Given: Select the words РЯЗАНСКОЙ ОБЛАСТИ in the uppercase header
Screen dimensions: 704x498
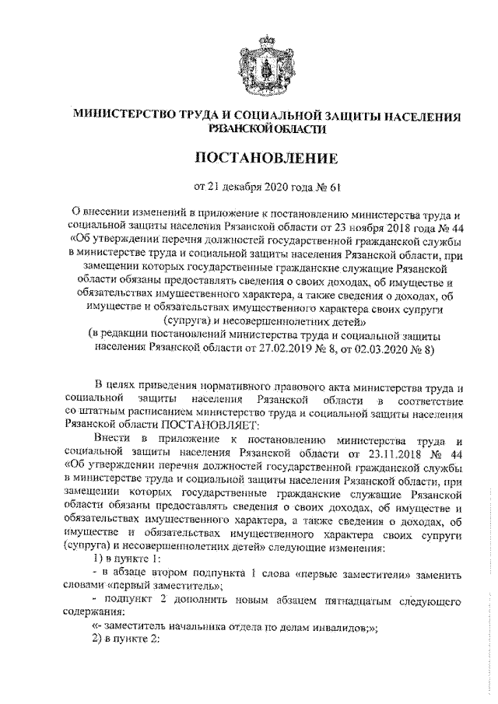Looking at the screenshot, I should pos(250,130).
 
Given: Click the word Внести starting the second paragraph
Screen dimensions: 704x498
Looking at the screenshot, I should pos(110,439).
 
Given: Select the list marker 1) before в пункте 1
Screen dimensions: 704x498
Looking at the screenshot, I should pos(97,560).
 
